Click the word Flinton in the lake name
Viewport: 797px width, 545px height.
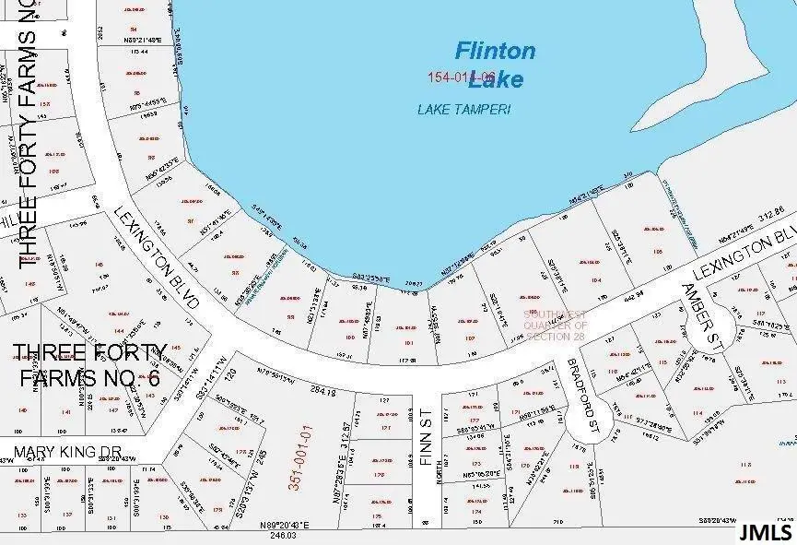pyautogui.click(x=496, y=51)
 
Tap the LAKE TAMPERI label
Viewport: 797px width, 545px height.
pyautogui.click(x=463, y=109)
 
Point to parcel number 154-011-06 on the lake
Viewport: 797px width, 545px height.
pyautogui.click(x=463, y=77)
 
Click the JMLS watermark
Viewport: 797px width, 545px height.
pyautogui.click(x=765, y=532)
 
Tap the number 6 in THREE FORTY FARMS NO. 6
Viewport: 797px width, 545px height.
pyautogui.click(x=153, y=378)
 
